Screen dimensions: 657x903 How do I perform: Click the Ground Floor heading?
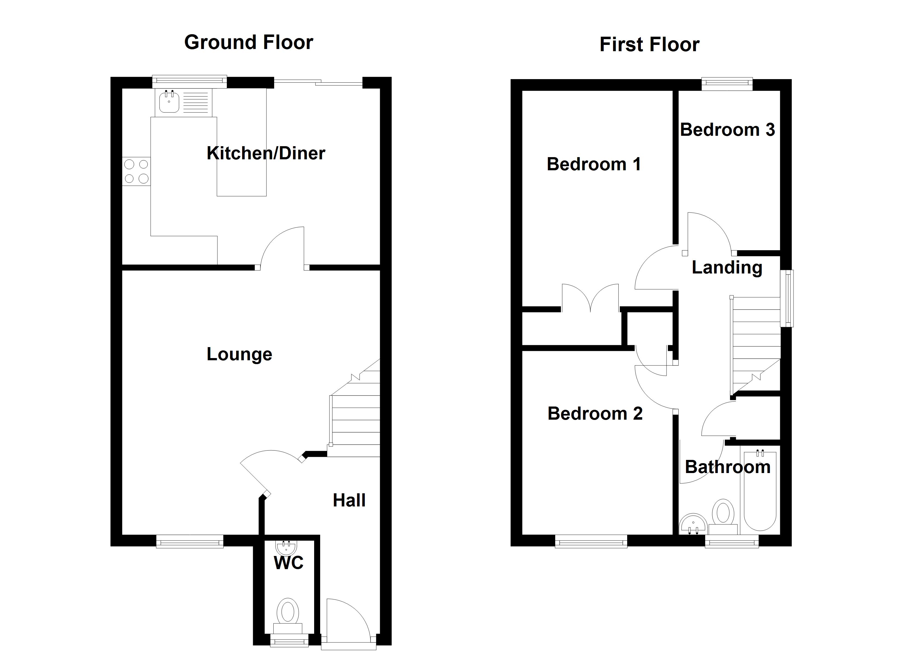(x=248, y=42)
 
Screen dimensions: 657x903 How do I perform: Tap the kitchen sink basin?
(x=169, y=102)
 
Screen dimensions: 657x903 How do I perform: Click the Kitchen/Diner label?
(x=266, y=153)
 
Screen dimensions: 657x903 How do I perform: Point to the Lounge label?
(x=239, y=354)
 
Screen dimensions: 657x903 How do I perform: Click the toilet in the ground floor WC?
(x=288, y=612)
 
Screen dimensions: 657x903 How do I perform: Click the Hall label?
(x=349, y=500)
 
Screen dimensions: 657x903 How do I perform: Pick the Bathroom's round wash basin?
(x=693, y=523)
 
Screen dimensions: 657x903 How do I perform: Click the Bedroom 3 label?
(x=727, y=130)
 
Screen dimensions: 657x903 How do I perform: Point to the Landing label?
(x=727, y=267)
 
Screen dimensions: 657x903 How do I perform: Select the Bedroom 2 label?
(x=595, y=414)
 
